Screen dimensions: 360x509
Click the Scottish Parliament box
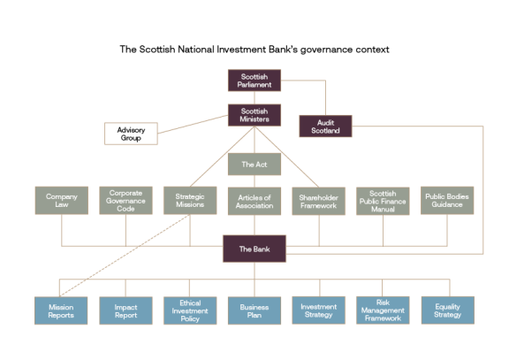coord(254,80)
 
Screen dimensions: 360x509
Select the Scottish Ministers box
coord(254,114)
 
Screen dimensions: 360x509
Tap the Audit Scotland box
coord(325,126)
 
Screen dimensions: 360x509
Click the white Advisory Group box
coord(131,134)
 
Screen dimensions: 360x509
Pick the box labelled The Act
coord(254,164)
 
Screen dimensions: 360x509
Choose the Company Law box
coord(61,200)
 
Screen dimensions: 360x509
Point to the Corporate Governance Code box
coord(125,200)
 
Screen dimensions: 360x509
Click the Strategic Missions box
coord(190,200)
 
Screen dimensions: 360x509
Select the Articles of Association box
coord(254,200)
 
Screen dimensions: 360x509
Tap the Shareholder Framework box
coord(319,200)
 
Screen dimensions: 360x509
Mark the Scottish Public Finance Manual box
coord(383,200)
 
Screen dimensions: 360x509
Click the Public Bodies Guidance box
coord(447,200)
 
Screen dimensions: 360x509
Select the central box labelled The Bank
coord(254,249)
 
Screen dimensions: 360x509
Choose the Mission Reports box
coord(61,310)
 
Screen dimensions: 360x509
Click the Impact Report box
coord(125,310)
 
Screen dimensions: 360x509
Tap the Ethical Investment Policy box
coord(190,310)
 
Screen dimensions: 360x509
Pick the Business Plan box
coord(254,310)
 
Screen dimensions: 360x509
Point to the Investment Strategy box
coord(319,310)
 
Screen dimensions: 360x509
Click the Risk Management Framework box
coord(383,310)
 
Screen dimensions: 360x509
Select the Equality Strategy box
coord(447,310)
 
